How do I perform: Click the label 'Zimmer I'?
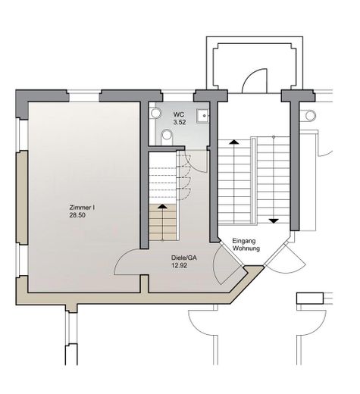pyautogui.click(x=80, y=207)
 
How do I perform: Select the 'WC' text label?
pyautogui.click(x=179, y=114)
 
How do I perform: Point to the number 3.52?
pyautogui.click(x=180, y=122)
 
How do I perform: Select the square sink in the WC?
pyautogui.click(x=202, y=116)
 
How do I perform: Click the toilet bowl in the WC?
pyautogui.click(x=167, y=136)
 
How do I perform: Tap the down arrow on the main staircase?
pyautogui.click(x=272, y=220)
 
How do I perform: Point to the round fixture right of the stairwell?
pyautogui.click(x=309, y=115)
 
